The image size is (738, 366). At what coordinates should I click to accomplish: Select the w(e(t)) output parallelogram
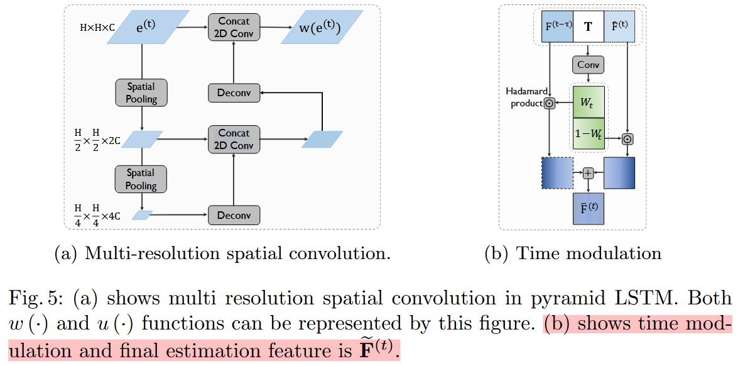point(313,28)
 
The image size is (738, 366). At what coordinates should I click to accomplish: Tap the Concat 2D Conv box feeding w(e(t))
point(234,26)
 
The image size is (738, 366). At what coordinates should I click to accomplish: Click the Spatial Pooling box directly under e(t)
point(141,92)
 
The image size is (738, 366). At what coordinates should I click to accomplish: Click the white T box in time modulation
point(588,26)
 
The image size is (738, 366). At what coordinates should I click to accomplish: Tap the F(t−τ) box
point(557,26)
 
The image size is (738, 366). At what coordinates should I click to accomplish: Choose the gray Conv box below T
point(588,64)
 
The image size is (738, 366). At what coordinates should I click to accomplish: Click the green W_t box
point(589,103)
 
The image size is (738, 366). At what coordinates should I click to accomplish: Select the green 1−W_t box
point(589,133)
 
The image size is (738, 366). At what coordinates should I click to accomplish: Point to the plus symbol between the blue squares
point(588,173)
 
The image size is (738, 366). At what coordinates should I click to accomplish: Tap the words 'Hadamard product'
point(526,97)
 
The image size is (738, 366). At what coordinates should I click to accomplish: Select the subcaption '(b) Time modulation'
point(573,253)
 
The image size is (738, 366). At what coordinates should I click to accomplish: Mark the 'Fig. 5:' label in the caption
point(32,298)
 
